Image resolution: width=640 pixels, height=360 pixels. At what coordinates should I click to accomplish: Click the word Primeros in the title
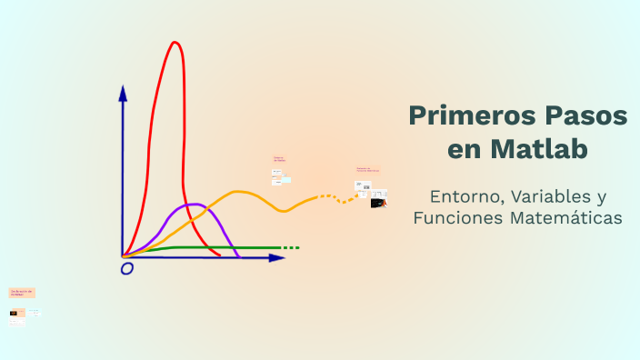point(470,116)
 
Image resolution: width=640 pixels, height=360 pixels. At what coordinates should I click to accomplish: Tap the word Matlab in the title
point(544,148)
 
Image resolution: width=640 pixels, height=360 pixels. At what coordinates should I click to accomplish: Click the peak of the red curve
point(174,43)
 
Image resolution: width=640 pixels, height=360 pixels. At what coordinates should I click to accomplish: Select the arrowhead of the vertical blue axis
point(123,92)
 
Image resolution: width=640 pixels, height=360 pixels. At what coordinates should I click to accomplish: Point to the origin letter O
point(127,269)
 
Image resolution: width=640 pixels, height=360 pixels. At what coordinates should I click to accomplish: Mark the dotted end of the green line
point(290,247)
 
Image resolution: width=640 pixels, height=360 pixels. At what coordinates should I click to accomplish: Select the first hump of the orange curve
point(239,192)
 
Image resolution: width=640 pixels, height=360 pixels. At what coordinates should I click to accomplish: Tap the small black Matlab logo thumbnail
point(376,203)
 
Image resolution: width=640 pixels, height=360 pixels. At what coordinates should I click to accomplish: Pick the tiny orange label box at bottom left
point(22,293)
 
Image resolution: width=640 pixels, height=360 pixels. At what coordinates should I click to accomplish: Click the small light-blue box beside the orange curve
point(285,180)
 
